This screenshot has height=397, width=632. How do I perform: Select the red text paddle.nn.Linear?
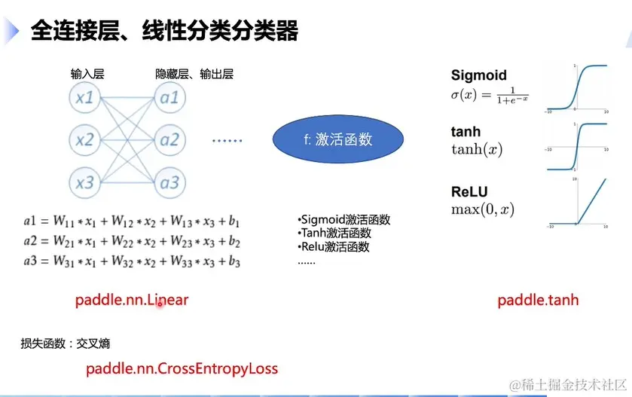pos(132,300)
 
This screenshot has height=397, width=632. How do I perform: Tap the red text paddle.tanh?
pos(538,300)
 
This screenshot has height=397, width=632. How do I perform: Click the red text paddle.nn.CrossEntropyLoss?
pos(182,368)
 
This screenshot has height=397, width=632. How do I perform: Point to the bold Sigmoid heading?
pos(479,75)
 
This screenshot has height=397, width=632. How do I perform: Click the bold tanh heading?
pos(466,133)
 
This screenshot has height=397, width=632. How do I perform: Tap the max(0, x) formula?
pos(483,209)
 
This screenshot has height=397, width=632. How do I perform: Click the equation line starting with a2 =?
pos(131,241)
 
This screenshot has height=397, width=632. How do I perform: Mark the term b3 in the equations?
pos(234,261)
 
